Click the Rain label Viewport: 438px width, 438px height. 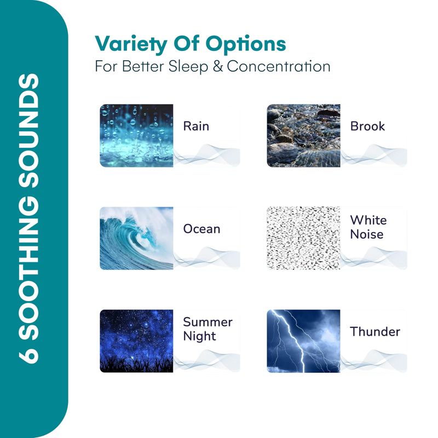pyautogui.click(x=196, y=126)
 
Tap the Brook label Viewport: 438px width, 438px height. pyautogui.click(x=367, y=126)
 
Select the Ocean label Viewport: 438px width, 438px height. pyautogui.click(x=201, y=229)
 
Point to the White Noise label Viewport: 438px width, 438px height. pyautogui.click(x=368, y=227)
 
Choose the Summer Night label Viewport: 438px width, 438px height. pyautogui.click(x=208, y=330)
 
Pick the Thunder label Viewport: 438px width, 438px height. pyautogui.click(x=375, y=332)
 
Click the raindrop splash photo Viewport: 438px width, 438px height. pyautogui.click(x=136, y=136)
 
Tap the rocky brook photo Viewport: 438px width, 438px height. pyautogui.click(x=304, y=136)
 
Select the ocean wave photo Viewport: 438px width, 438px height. pyautogui.click(x=136, y=238)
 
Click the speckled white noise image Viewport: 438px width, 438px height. pyautogui.click(x=304, y=238)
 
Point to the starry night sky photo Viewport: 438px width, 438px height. pyautogui.click(x=136, y=341)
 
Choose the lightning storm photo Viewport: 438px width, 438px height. pyautogui.click(x=304, y=341)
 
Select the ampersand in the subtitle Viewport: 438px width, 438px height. pyautogui.click(x=217, y=66)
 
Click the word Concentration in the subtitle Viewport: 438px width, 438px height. pyautogui.click(x=279, y=66)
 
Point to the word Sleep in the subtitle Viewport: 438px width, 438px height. pyautogui.click(x=188, y=67)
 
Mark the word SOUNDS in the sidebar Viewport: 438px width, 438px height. pyautogui.click(x=28, y=131)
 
